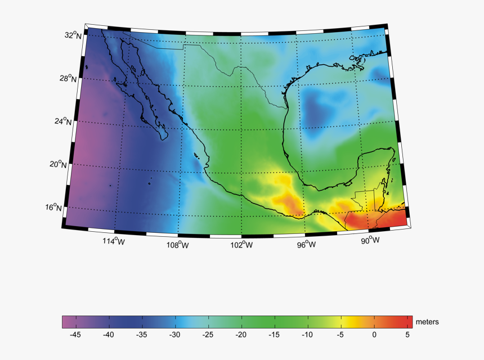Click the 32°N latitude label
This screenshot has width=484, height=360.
click(73, 35)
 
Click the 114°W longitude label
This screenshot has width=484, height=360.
click(113, 241)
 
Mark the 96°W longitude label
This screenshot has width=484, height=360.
click(307, 245)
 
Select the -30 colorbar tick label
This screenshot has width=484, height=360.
click(175, 335)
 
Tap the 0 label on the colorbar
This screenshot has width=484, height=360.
click(374, 335)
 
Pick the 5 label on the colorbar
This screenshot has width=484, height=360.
click(407, 335)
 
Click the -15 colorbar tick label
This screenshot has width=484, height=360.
click(275, 335)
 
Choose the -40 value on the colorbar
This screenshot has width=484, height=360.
click(109, 335)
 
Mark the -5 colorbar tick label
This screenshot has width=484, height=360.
click(341, 335)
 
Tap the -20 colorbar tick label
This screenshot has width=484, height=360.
click(241, 335)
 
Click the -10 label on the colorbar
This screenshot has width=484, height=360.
click(308, 335)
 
